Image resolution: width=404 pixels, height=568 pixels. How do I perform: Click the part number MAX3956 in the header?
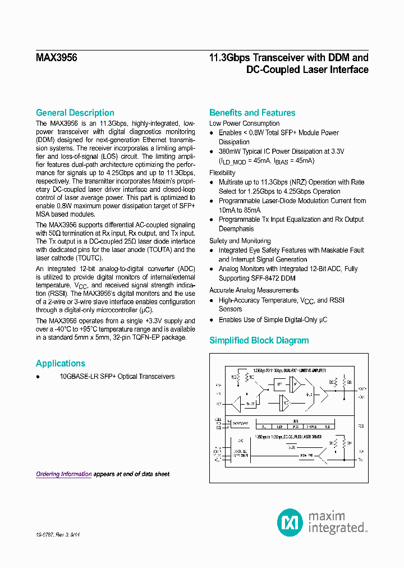click(x=56, y=58)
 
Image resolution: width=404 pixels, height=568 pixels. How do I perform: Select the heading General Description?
click(x=75, y=113)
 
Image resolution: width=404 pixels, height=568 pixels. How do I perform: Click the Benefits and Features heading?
click(x=252, y=113)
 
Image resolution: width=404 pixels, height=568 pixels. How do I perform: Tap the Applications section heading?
click(x=61, y=363)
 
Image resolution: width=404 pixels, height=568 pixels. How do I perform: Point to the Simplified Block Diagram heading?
click(x=259, y=341)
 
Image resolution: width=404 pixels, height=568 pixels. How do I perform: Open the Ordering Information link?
click(x=63, y=474)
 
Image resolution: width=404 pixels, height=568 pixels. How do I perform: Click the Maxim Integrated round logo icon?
click(x=290, y=523)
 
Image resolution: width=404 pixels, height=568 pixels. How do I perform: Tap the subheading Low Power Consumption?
click(x=244, y=123)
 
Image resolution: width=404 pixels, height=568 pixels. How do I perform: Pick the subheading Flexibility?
click(x=222, y=173)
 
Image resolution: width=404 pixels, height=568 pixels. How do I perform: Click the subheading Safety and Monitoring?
click(x=240, y=241)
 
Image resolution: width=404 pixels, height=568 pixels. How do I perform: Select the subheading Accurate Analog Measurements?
click(x=254, y=290)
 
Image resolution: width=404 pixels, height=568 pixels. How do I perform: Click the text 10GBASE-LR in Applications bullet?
click(x=78, y=377)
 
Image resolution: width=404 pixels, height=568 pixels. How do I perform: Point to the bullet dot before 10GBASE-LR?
click(x=38, y=377)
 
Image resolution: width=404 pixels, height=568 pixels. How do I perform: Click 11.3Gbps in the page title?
click(x=229, y=58)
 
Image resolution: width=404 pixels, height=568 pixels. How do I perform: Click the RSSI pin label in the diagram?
click(x=361, y=426)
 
